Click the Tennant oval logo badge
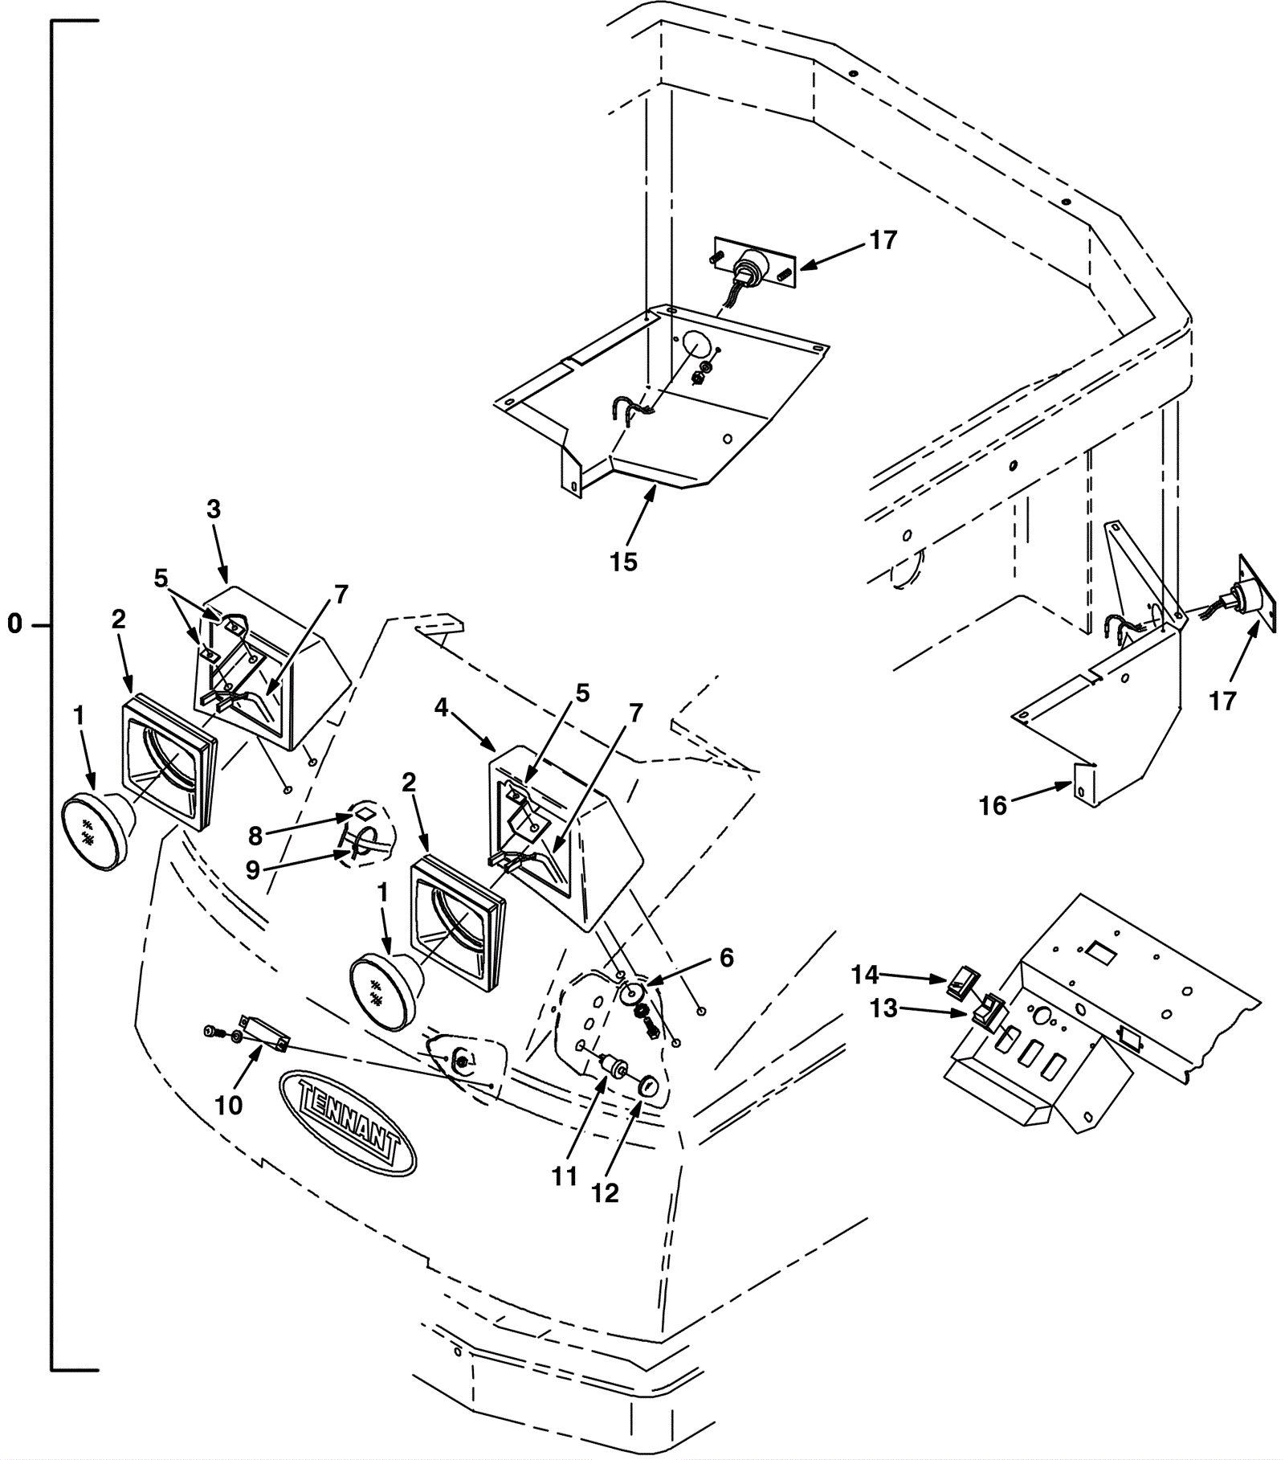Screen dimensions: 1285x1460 (347, 1122)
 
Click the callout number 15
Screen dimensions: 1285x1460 (623, 562)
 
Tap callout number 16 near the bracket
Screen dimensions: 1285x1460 (993, 806)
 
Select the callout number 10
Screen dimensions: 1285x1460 (229, 1106)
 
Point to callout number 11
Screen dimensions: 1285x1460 (565, 1177)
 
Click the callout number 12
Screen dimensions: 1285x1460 (606, 1194)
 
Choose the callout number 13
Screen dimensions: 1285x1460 (883, 1008)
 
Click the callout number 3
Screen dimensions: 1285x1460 (213, 509)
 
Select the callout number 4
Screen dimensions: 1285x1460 (441, 708)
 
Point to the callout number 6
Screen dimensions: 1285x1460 (726, 958)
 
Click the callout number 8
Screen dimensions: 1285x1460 (255, 836)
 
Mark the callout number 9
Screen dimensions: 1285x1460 (253, 870)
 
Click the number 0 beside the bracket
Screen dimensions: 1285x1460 (15, 624)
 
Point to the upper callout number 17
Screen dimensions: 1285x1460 (883, 240)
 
